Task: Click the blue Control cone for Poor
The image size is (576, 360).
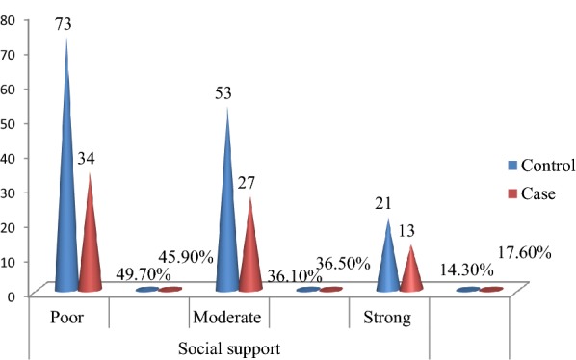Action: tap(66, 193)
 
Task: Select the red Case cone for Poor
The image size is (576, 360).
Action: tap(90, 241)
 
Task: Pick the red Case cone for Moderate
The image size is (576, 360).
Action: tap(250, 250)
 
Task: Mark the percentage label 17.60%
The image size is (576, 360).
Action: tap(523, 253)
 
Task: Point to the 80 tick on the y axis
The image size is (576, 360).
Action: tap(9, 19)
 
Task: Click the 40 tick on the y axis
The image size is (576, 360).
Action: tap(9, 157)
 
